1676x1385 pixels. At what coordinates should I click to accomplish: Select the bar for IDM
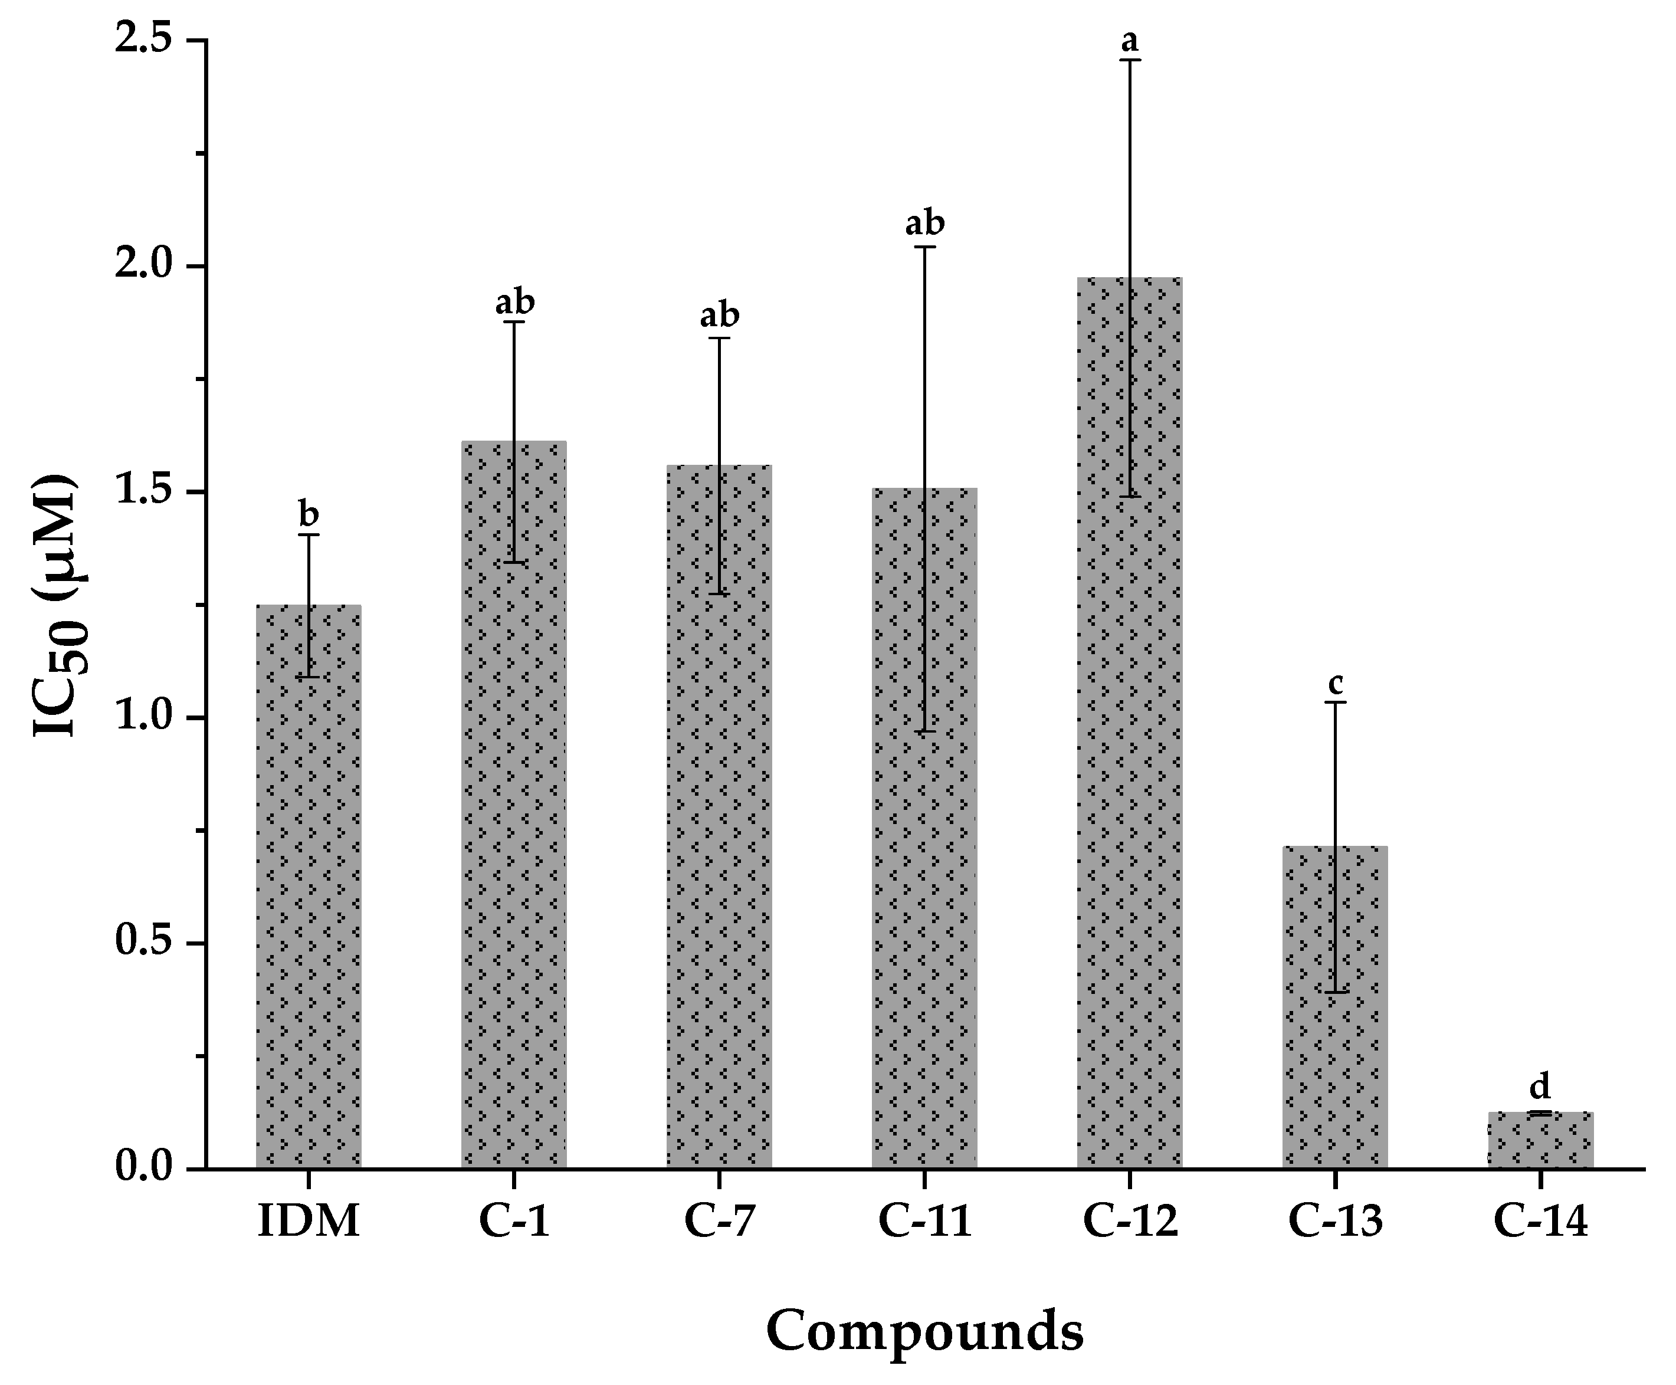(308, 885)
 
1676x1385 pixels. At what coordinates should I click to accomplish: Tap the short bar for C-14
(1540, 1140)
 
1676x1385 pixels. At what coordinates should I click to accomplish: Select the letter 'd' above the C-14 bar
(1540, 1086)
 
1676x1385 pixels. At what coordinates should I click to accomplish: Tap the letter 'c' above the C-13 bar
(1336, 684)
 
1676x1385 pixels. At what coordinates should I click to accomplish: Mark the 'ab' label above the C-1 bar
(514, 303)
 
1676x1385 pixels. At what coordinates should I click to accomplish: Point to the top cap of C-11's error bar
(924, 247)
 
